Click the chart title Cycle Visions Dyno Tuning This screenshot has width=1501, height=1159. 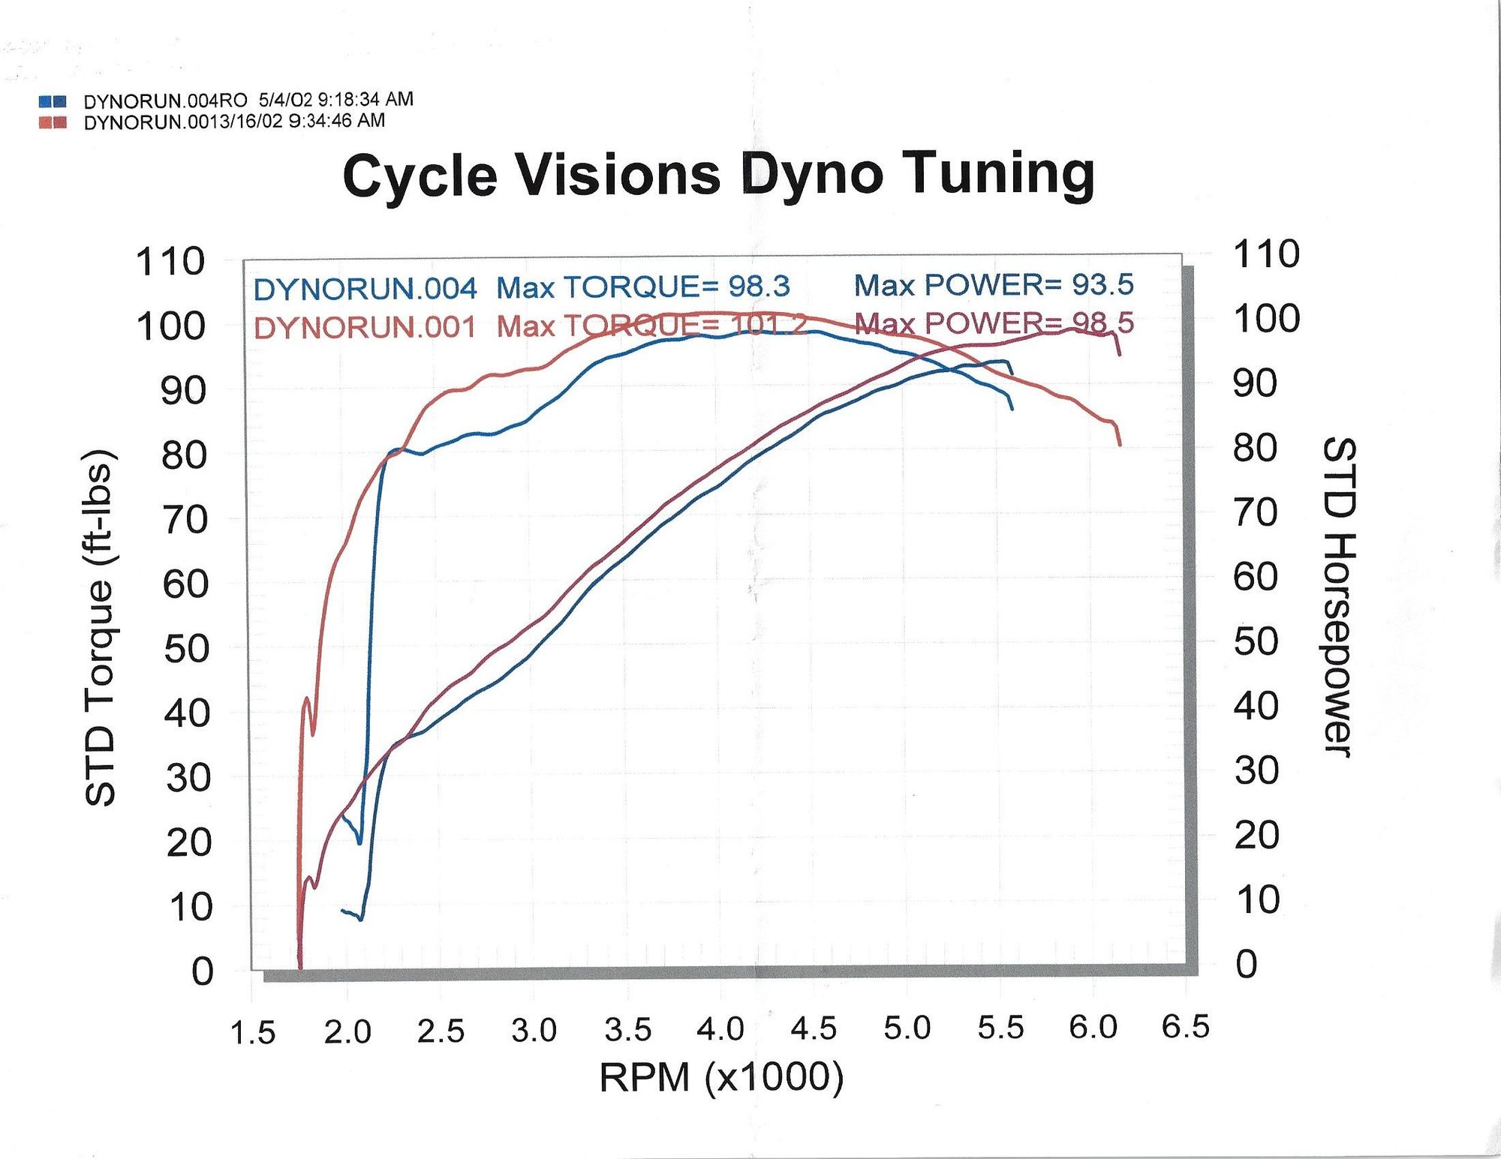[x=718, y=175]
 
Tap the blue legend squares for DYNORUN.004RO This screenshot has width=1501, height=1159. [x=53, y=101]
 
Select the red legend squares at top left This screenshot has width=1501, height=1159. [x=53, y=122]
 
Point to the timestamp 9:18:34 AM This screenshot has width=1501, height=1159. [x=365, y=99]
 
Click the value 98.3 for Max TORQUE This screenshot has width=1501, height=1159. [x=759, y=287]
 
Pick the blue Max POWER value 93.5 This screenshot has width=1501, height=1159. [x=1102, y=284]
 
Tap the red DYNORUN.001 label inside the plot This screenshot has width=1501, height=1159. [x=365, y=328]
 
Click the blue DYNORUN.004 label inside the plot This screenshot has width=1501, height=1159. [x=365, y=289]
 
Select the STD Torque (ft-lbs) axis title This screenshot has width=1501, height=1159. [x=100, y=629]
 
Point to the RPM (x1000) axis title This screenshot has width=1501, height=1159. [x=721, y=1077]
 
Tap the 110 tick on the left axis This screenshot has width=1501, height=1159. [x=170, y=262]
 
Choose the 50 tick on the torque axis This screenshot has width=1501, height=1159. [x=186, y=649]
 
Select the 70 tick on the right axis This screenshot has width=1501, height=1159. [x=1255, y=513]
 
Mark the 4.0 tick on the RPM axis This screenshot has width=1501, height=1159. [x=720, y=1029]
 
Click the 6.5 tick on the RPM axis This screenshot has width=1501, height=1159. [x=1186, y=1027]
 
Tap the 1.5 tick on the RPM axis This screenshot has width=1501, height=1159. [x=253, y=1033]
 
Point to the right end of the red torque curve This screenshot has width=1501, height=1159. [x=1120, y=445]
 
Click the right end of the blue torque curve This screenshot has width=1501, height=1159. [x=1012, y=409]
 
